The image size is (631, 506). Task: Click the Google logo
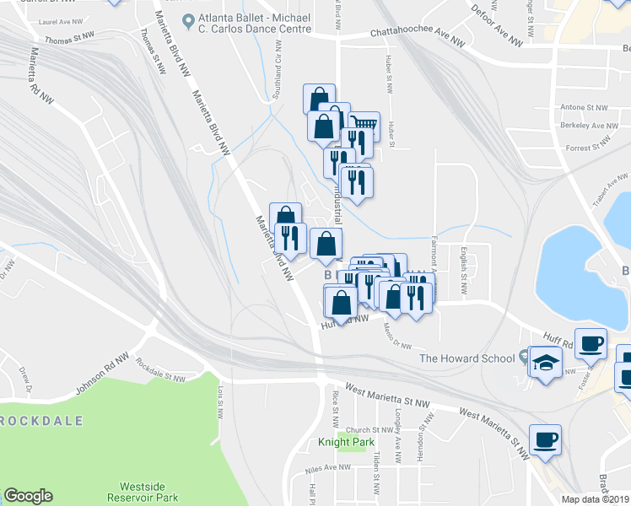coord(28,496)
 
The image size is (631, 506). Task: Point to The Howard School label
coord(467,358)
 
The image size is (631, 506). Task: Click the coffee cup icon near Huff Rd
coord(591,343)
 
